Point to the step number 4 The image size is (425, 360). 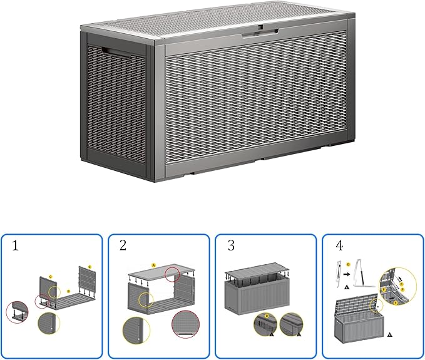pos(337,247)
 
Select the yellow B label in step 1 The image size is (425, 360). pos(68,292)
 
